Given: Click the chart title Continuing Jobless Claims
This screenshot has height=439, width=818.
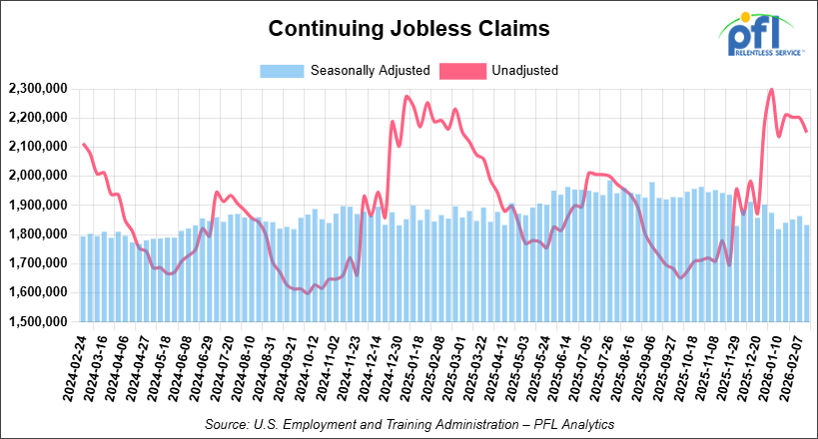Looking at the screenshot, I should tap(409, 30).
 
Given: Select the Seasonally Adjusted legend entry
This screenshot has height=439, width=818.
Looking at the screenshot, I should tap(346, 71).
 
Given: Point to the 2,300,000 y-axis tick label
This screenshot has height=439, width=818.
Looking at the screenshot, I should tap(37, 90).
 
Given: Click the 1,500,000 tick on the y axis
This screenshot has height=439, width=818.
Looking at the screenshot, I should tap(37, 322).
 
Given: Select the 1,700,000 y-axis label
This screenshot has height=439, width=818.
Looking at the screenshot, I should tap(37, 264).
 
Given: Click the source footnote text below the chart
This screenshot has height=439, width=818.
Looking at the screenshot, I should tap(409, 424).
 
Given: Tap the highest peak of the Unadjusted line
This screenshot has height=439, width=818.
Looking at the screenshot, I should tap(771, 90).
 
